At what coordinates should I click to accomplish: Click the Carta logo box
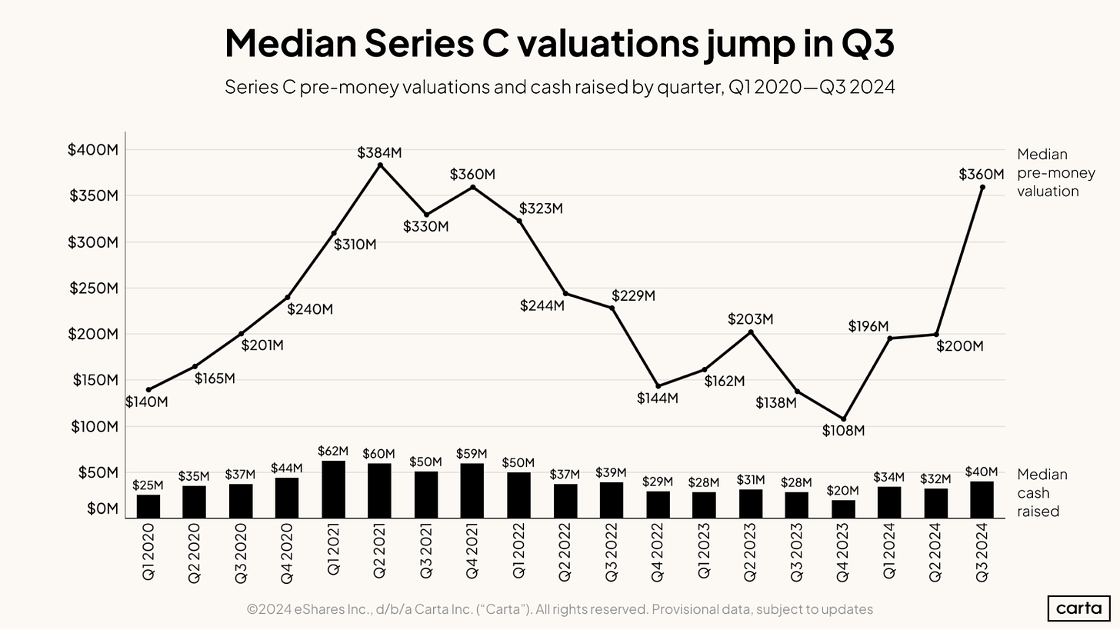1079,608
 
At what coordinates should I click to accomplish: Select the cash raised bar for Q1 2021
333,489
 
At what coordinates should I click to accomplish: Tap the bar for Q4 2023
843,508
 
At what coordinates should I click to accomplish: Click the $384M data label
379,153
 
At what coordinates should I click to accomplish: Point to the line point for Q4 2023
843,418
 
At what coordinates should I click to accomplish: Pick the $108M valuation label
843,431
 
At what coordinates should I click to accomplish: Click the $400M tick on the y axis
93,150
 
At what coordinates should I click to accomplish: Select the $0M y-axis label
102,508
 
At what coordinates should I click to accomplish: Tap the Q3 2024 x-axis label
982,552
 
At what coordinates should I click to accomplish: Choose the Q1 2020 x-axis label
148,552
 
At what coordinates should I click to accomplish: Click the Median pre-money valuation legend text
1048,172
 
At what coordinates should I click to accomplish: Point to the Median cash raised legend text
1042,493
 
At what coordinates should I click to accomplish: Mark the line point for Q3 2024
982,187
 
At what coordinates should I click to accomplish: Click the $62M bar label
333,451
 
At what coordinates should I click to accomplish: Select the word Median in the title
288,43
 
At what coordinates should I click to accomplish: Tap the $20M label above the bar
843,490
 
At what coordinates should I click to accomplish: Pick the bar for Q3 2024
982,499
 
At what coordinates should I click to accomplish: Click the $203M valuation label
751,319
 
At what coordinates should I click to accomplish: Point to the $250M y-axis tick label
93,288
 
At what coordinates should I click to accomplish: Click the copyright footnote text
560,609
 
